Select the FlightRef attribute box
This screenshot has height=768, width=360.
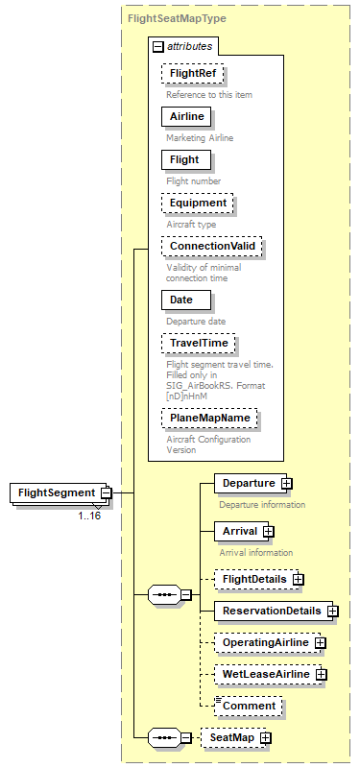click(x=193, y=74)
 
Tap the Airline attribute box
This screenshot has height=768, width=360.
click(x=186, y=116)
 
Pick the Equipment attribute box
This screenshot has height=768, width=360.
click(x=198, y=204)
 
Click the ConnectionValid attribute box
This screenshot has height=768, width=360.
click(x=211, y=247)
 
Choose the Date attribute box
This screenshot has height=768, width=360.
click(x=181, y=300)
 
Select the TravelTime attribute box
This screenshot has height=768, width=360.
click(x=199, y=343)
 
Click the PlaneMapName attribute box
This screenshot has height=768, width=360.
click(x=208, y=419)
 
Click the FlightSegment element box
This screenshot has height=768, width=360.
click(x=56, y=493)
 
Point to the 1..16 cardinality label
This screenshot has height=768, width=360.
click(x=89, y=516)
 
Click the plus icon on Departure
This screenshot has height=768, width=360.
click(x=286, y=482)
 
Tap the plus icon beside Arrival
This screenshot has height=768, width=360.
click(x=269, y=530)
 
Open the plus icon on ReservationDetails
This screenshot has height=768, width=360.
click(x=331, y=611)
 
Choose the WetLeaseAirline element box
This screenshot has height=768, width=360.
click(x=265, y=674)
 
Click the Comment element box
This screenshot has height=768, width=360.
click(x=249, y=706)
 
